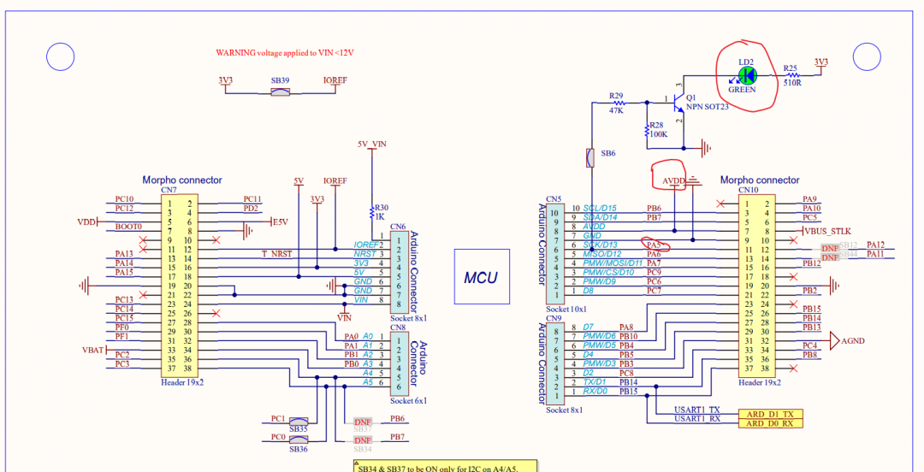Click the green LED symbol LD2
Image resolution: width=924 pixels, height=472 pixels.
click(742, 75)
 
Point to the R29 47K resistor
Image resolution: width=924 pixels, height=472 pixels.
click(616, 103)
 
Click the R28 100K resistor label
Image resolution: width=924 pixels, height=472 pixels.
click(656, 130)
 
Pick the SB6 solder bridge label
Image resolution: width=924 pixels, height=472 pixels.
click(607, 154)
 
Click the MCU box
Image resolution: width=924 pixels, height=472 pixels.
click(481, 278)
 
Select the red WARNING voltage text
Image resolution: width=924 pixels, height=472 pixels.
click(284, 52)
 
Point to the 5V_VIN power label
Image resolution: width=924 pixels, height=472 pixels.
click(372, 145)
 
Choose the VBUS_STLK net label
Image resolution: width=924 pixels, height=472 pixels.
click(827, 232)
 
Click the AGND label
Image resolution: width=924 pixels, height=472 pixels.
click(853, 341)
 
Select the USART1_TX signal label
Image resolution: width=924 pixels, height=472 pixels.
click(697, 410)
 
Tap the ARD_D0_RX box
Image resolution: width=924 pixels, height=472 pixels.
click(770, 423)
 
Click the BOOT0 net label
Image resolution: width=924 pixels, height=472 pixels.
click(128, 227)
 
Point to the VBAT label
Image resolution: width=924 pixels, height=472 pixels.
click(92, 350)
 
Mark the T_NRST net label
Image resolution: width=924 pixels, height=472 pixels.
click(278, 254)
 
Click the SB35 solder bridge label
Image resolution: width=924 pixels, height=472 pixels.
click(298, 428)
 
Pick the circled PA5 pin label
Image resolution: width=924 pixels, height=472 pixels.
click(654, 245)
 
